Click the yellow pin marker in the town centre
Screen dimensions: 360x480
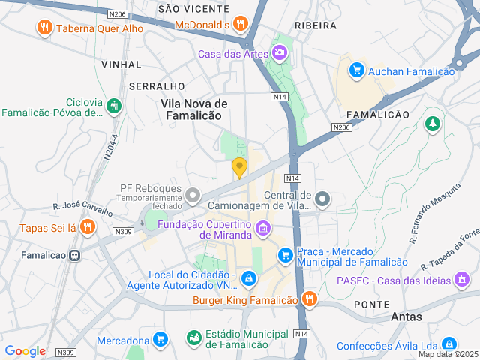pyautogui.click(x=239, y=168)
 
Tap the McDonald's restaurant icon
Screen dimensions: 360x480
pyautogui.click(x=241, y=24)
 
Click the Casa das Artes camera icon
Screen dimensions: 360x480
pyautogui.click(x=280, y=52)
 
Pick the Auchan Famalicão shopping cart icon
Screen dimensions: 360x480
pyautogui.click(x=357, y=70)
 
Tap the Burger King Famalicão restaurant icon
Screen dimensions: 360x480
pyautogui.click(x=309, y=300)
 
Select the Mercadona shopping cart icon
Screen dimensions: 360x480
pyautogui.click(x=160, y=339)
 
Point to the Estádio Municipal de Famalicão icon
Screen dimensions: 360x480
pyautogui.click(x=194, y=337)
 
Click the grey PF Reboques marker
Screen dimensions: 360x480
pyautogui.click(x=193, y=196)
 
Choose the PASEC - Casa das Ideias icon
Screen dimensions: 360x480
pyautogui.click(x=463, y=280)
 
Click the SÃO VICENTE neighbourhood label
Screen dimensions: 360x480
pyautogui.click(x=193, y=8)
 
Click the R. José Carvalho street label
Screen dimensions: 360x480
pyautogui.click(x=82, y=208)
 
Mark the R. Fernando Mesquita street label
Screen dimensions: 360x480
pyautogui.click(x=434, y=214)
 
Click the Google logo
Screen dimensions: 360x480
pyautogui.click(x=25, y=350)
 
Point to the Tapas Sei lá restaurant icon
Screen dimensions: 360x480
pyautogui.click(x=88, y=226)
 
